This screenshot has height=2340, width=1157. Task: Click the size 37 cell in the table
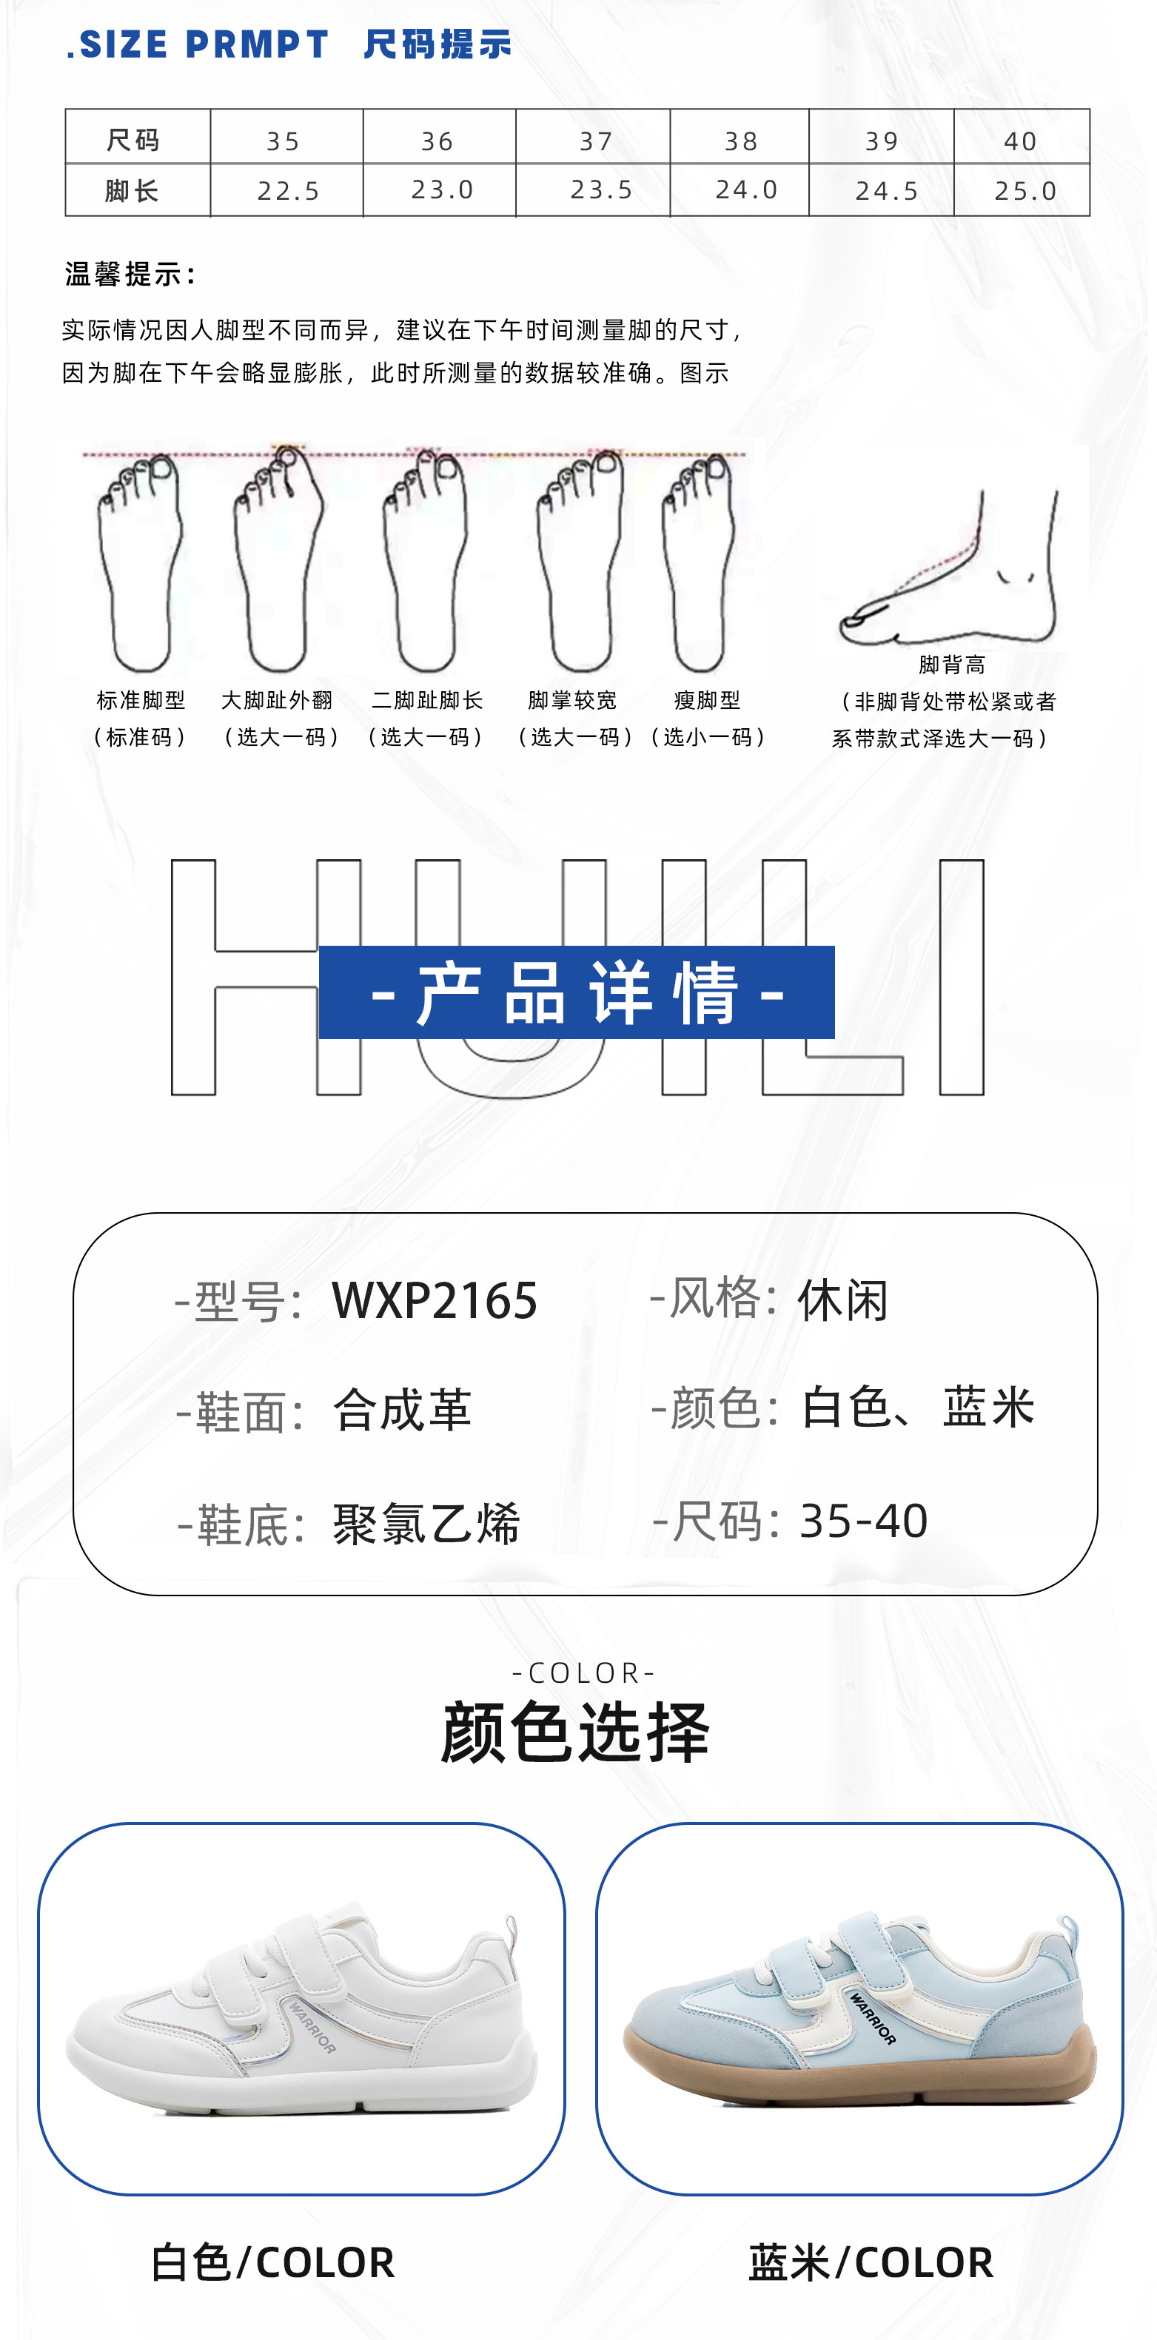tap(595, 141)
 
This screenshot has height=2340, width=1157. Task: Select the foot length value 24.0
tap(745, 190)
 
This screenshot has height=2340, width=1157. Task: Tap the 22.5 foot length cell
tap(288, 191)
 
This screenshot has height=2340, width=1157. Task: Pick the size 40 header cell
tap(1020, 141)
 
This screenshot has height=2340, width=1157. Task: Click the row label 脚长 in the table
tap(133, 191)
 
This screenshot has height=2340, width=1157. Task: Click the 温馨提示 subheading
tap(131, 273)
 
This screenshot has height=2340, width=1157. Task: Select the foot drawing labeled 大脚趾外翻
tap(277, 563)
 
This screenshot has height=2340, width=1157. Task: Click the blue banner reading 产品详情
tap(576, 992)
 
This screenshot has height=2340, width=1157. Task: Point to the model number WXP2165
tap(435, 1300)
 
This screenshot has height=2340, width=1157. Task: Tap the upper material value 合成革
tap(402, 1411)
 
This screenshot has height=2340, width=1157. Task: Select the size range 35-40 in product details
tap(863, 1521)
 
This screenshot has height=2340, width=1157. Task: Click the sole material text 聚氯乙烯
tap(426, 1523)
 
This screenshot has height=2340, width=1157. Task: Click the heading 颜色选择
tap(574, 1732)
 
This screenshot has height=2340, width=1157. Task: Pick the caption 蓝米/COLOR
tap(870, 2262)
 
